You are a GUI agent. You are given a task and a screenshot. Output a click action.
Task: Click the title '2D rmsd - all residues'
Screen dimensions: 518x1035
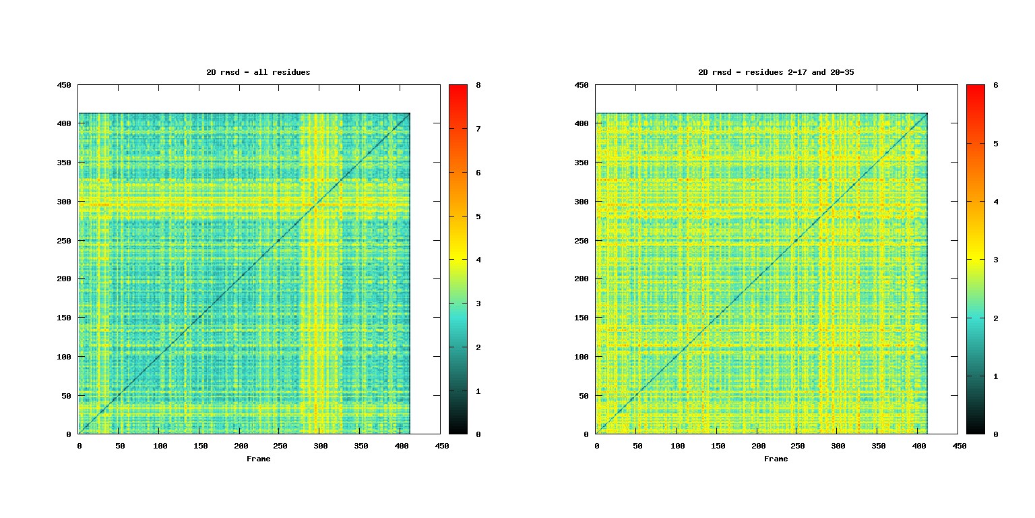tap(258, 72)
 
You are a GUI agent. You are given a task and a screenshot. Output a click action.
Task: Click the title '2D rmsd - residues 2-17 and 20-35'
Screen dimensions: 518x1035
tap(776, 72)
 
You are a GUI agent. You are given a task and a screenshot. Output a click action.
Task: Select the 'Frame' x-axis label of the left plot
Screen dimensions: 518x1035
tap(258, 459)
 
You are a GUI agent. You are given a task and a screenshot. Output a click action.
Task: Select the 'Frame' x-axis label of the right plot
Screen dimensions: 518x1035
tap(776, 459)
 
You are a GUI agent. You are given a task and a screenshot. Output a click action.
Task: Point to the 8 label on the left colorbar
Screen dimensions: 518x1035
tap(478, 85)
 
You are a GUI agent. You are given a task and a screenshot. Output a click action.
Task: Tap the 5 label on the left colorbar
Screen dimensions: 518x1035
tap(478, 217)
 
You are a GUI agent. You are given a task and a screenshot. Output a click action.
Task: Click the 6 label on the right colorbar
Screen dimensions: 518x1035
tap(995, 85)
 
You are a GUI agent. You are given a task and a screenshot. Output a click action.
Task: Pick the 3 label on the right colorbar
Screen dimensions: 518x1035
tap(995, 260)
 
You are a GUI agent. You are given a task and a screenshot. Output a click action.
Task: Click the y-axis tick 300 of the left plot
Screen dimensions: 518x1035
tap(66, 202)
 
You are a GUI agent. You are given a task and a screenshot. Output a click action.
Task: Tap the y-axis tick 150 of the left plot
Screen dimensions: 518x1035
tap(66, 318)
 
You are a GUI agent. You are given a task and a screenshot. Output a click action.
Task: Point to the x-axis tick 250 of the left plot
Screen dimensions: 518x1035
tap(280, 446)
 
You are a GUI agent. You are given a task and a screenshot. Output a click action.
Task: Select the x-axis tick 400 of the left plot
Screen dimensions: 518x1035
tap(401, 446)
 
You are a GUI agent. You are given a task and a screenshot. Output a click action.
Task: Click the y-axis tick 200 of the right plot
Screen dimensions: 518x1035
tap(584, 279)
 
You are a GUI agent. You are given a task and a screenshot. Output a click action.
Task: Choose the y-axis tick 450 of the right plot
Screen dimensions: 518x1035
tap(584, 85)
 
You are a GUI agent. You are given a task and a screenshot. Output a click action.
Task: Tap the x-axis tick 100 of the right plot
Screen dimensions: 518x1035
tap(678, 446)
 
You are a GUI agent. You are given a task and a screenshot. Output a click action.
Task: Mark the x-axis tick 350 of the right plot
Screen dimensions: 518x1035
tap(878, 446)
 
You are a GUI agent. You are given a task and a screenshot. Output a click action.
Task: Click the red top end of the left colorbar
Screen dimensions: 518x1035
tap(458, 88)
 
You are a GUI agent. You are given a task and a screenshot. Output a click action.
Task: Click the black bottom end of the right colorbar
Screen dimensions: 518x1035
tap(975, 431)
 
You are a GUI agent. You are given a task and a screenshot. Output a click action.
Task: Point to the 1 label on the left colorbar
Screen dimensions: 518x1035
tap(478, 391)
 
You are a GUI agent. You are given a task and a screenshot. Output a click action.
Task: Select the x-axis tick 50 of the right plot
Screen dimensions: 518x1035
tap(637, 446)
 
